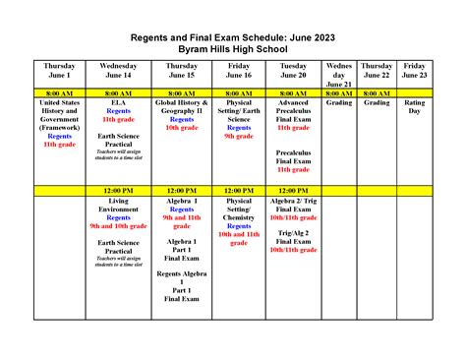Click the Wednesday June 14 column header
[x=118, y=71]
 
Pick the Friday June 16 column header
[x=238, y=71]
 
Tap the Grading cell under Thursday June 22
[x=377, y=101]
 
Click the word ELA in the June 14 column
[x=118, y=102]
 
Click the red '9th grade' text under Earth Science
[x=238, y=136]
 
